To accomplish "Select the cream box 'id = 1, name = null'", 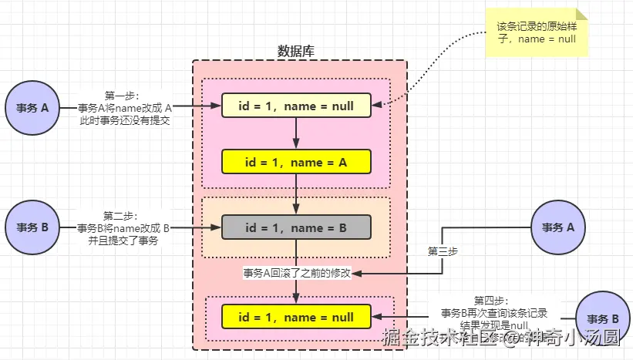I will coord(297,106).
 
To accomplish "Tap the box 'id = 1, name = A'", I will coord(297,162).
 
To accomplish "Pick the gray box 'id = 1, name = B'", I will coord(297,227).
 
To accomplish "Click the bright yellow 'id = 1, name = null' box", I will coord(297,317).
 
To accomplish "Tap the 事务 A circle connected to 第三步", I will coord(558,227).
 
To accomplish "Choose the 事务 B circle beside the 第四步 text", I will coord(602,318).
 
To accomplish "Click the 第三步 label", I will coord(443,251).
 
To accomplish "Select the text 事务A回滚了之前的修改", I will coord(297,274).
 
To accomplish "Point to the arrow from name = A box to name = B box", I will coord(297,193).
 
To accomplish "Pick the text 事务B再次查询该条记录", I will coord(493,313).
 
